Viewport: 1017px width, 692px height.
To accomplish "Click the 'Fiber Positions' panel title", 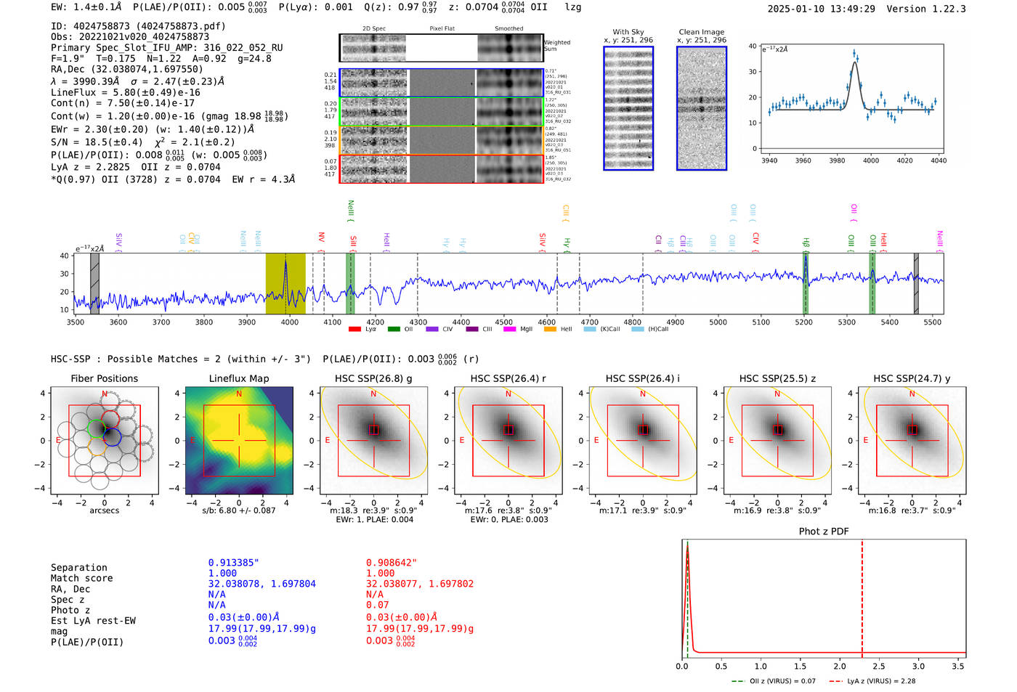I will coord(104,378).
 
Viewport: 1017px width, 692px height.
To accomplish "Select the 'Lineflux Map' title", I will coord(238,378).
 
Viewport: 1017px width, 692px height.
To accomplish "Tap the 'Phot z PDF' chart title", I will coord(824,532).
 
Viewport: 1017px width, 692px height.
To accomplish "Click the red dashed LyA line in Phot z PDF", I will coord(862,595).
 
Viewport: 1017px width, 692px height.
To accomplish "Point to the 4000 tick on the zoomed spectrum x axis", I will coord(870,160).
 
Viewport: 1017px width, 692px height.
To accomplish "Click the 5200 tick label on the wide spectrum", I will coord(804,322).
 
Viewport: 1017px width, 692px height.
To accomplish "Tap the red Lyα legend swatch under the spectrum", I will coord(354,329).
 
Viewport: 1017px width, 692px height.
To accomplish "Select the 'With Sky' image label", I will coord(628,32).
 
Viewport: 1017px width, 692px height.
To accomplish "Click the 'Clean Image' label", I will coord(701,32).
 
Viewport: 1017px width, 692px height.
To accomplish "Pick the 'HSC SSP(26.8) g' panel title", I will coord(373,378).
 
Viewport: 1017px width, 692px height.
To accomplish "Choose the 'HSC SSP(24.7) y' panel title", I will coord(912,378).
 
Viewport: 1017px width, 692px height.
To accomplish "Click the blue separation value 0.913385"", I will coord(233,563).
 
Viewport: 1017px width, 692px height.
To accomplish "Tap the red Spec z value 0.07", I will coord(377,605).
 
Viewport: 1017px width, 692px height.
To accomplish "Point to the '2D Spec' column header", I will coord(373,29).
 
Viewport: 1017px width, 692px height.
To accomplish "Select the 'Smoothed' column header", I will coord(508,29).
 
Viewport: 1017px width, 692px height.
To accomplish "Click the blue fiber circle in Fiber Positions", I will coord(111,436).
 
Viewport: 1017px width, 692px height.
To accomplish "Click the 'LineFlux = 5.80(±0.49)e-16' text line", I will coord(126,92).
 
